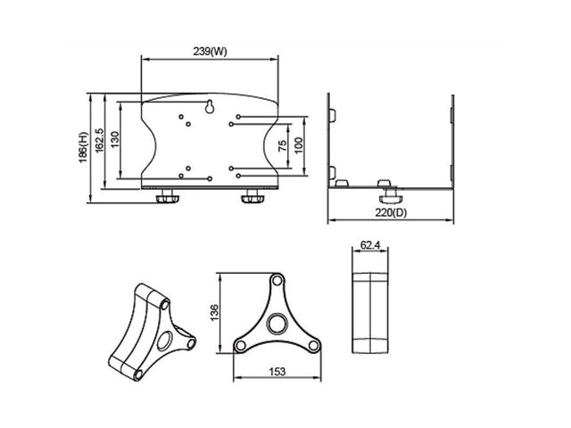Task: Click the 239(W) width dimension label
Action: tap(210, 52)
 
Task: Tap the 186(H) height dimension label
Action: tap(83, 147)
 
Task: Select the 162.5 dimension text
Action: tap(99, 141)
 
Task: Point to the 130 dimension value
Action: tap(115, 139)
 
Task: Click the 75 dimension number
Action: tap(282, 146)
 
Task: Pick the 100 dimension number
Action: tap(298, 145)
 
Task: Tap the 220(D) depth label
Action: tap(391, 212)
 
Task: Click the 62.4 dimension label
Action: tap(370, 245)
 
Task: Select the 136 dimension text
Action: tap(214, 312)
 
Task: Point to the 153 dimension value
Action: tap(277, 372)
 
